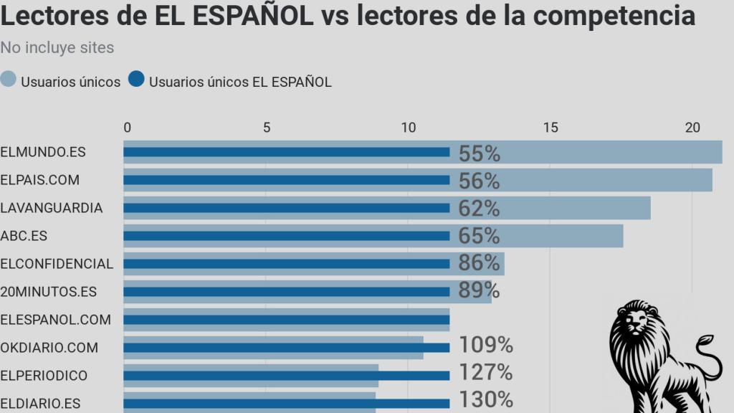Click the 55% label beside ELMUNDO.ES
click(479, 153)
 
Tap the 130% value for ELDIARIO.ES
click(485, 400)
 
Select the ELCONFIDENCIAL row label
click(57, 264)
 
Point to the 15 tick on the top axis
click(550, 128)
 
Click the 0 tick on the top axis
click(128, 128)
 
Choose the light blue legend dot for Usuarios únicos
click(9, 80)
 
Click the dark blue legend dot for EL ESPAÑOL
click(137, 80)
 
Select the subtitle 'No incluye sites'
click(57, 48)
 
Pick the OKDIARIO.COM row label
click(49, 348)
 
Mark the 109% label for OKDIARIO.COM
click(485, 345)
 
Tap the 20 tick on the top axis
click(692, 128)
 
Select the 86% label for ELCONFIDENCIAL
click(479, 263)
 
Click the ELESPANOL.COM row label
click(55, 320)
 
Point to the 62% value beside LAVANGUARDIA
click(479, 208)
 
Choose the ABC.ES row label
click(24, 236)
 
